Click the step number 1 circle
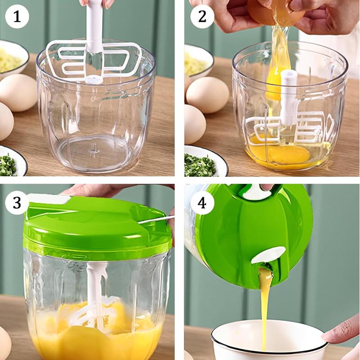coord(17,18)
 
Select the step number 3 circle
coord(17,202)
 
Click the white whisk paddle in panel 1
coord(94,61)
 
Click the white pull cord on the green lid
coord(155,220)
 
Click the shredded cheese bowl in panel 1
coord(11,58)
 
